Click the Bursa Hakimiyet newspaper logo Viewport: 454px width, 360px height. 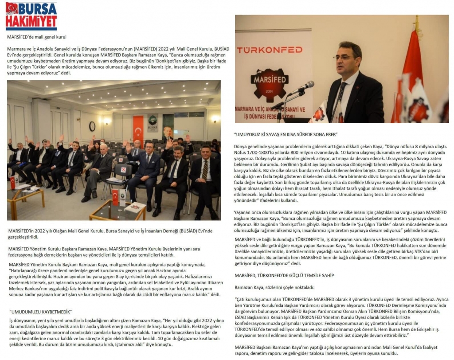click(x=31, y=16)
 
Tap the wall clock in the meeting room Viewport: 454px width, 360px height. click(x=92, y=126)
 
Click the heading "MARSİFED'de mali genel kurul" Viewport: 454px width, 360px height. click(x=37, y=36)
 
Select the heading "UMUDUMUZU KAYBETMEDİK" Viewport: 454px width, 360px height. click(x=41, y=311)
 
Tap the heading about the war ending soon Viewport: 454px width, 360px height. click(x=286, y=134)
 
